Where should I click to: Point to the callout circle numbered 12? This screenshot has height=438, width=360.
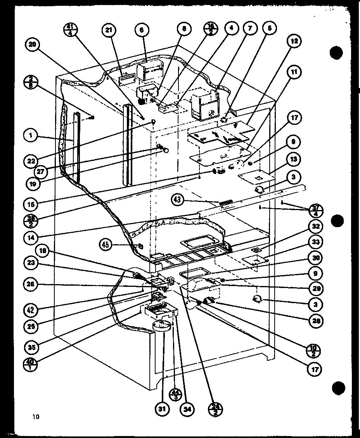pyautogui.click(x=294, y=41)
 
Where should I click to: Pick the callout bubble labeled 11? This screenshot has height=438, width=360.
pyautogui.click(x=294, y=72)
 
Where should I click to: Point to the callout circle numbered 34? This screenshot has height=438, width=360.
pyautogui.click(x=188, y=409)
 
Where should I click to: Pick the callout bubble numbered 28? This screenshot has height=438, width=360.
pyautogui.click(x=316, y=321)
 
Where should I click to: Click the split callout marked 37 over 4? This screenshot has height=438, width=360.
pyautogui.click(x=316, y=211)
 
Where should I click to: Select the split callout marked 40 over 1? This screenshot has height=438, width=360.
pyautogui.click(x=31, y=364)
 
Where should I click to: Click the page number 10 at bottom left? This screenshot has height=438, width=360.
pyautogui.click(x=36, y=417)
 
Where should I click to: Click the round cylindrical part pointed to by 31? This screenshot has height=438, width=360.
pyautogui.click(x=162, y=326)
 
